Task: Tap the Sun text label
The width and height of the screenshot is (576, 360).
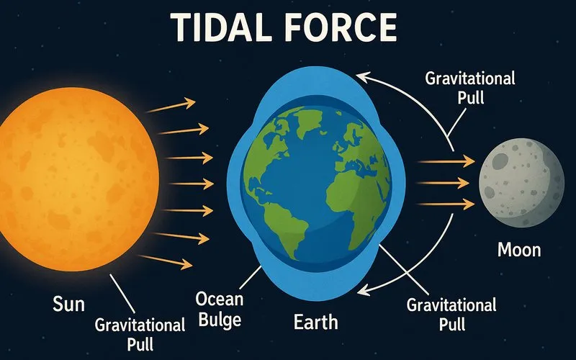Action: click(x=69, y=303)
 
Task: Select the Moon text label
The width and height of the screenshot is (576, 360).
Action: click(x=519, y=251)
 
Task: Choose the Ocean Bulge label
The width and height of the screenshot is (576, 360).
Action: click(x=220, y=307)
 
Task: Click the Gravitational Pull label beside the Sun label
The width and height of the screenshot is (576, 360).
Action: click(x=139, y=333)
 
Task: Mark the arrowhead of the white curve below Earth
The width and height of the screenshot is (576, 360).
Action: click(x=364, y=290)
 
